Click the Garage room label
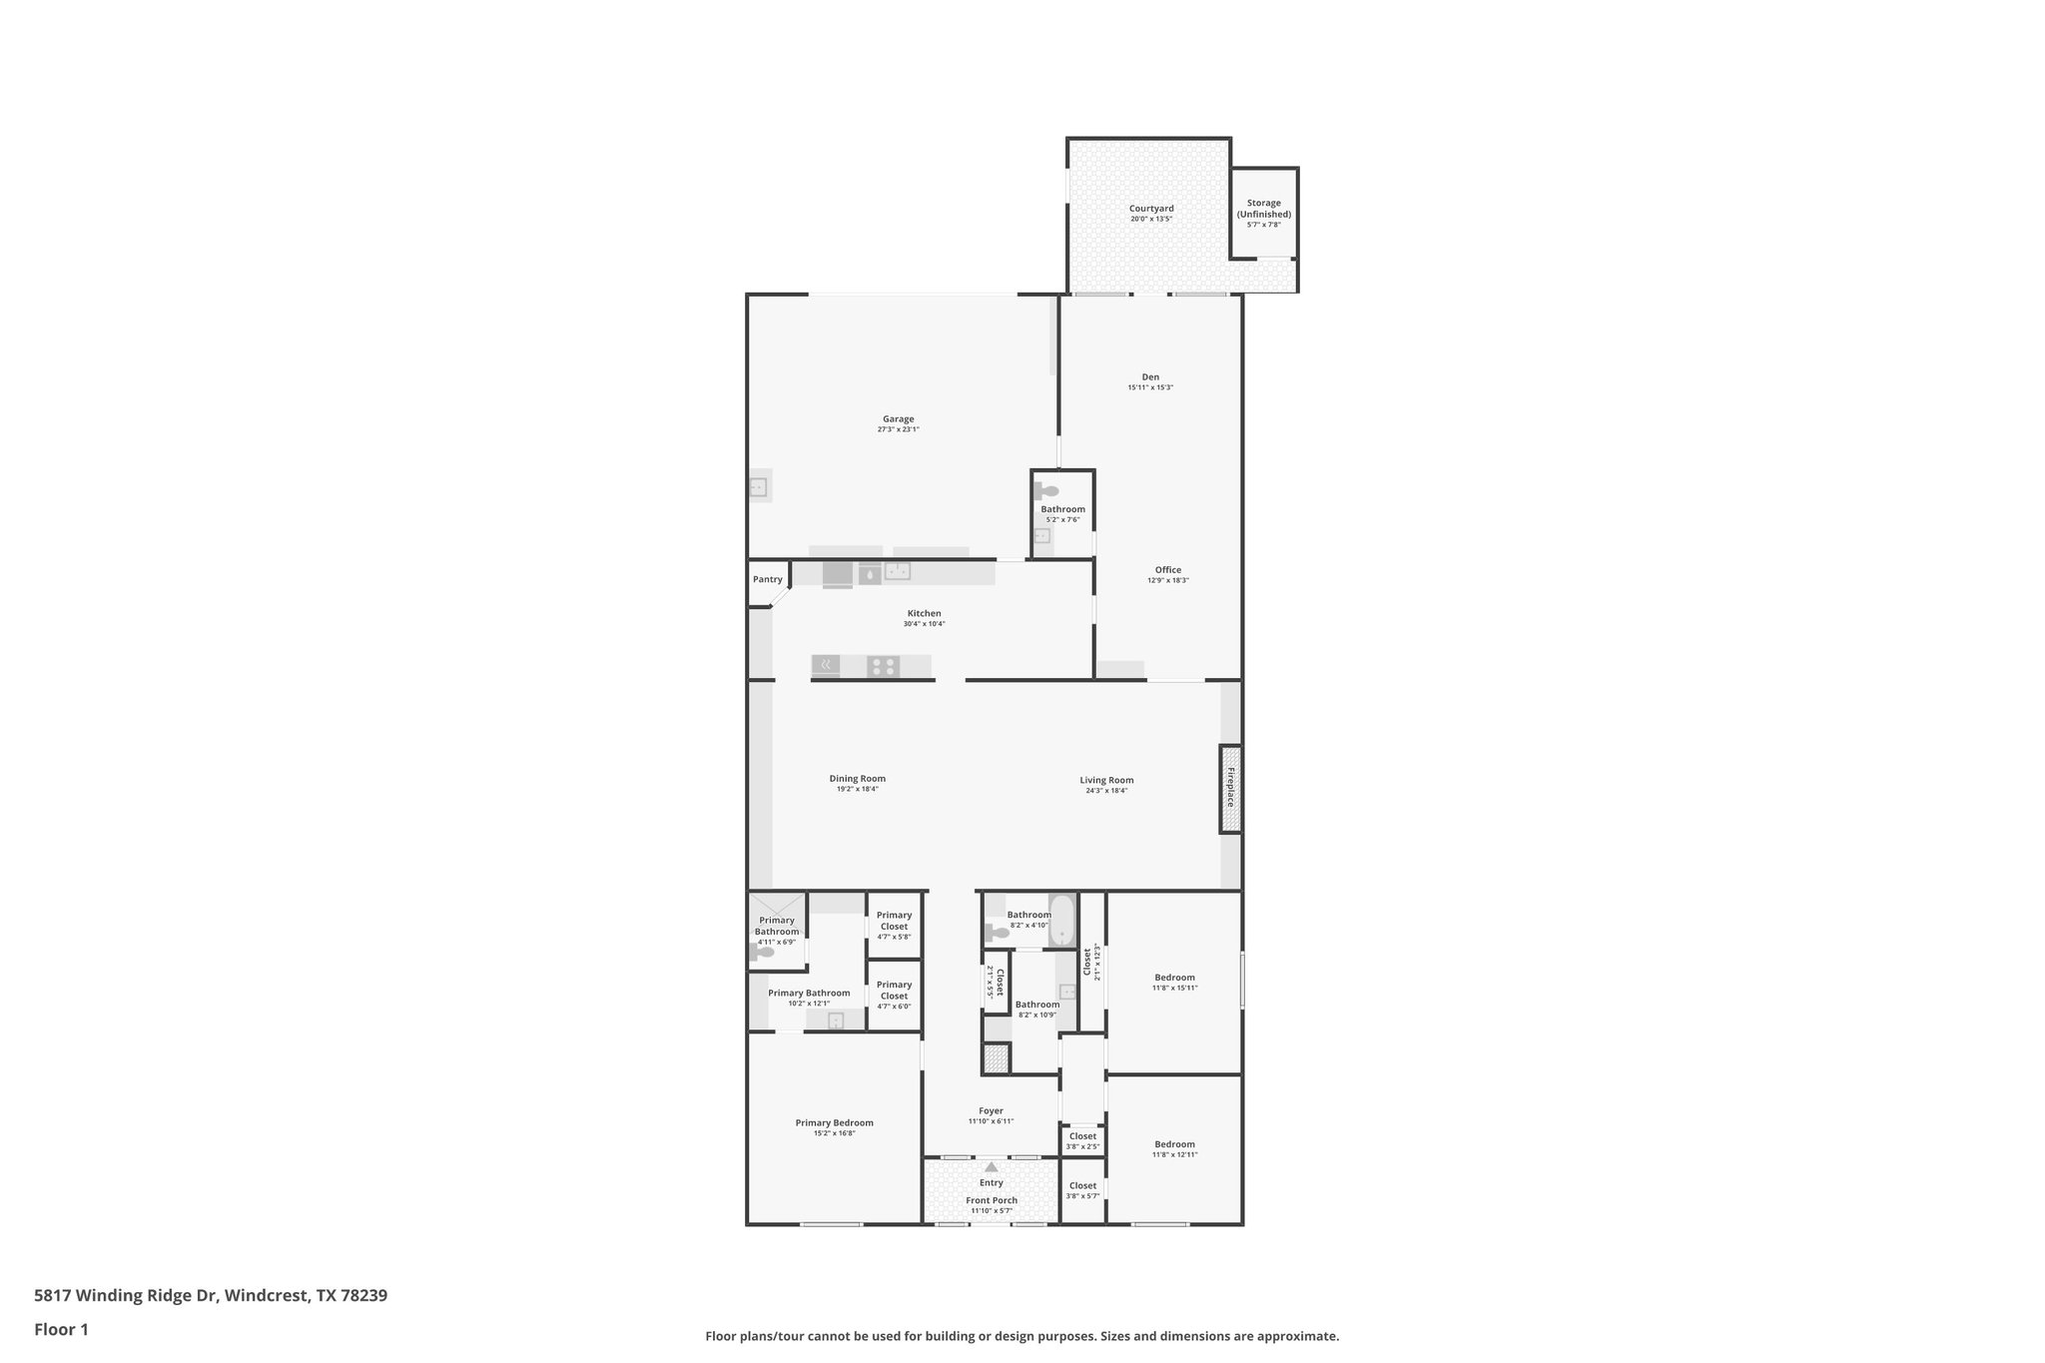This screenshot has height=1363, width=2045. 898,419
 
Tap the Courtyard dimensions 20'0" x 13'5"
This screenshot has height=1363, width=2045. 1151,219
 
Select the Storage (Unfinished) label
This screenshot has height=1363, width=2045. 1263,209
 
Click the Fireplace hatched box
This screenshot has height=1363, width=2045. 1230,789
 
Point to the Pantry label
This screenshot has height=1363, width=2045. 767,579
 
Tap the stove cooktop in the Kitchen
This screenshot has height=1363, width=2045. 883,666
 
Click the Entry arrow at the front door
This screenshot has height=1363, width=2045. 991,1166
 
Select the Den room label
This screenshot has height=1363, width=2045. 1150,377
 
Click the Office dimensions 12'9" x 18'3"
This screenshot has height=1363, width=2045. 1167,580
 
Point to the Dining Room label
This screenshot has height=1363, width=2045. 857,779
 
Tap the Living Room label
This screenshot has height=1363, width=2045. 1106,780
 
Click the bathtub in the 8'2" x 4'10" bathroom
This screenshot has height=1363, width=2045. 1061,919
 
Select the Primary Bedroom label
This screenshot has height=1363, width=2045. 834,1122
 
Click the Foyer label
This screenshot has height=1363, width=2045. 991,1110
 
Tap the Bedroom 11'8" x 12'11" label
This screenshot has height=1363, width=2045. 1174,1144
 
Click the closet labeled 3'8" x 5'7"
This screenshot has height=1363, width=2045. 1082,1190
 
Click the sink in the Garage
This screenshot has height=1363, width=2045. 758,487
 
